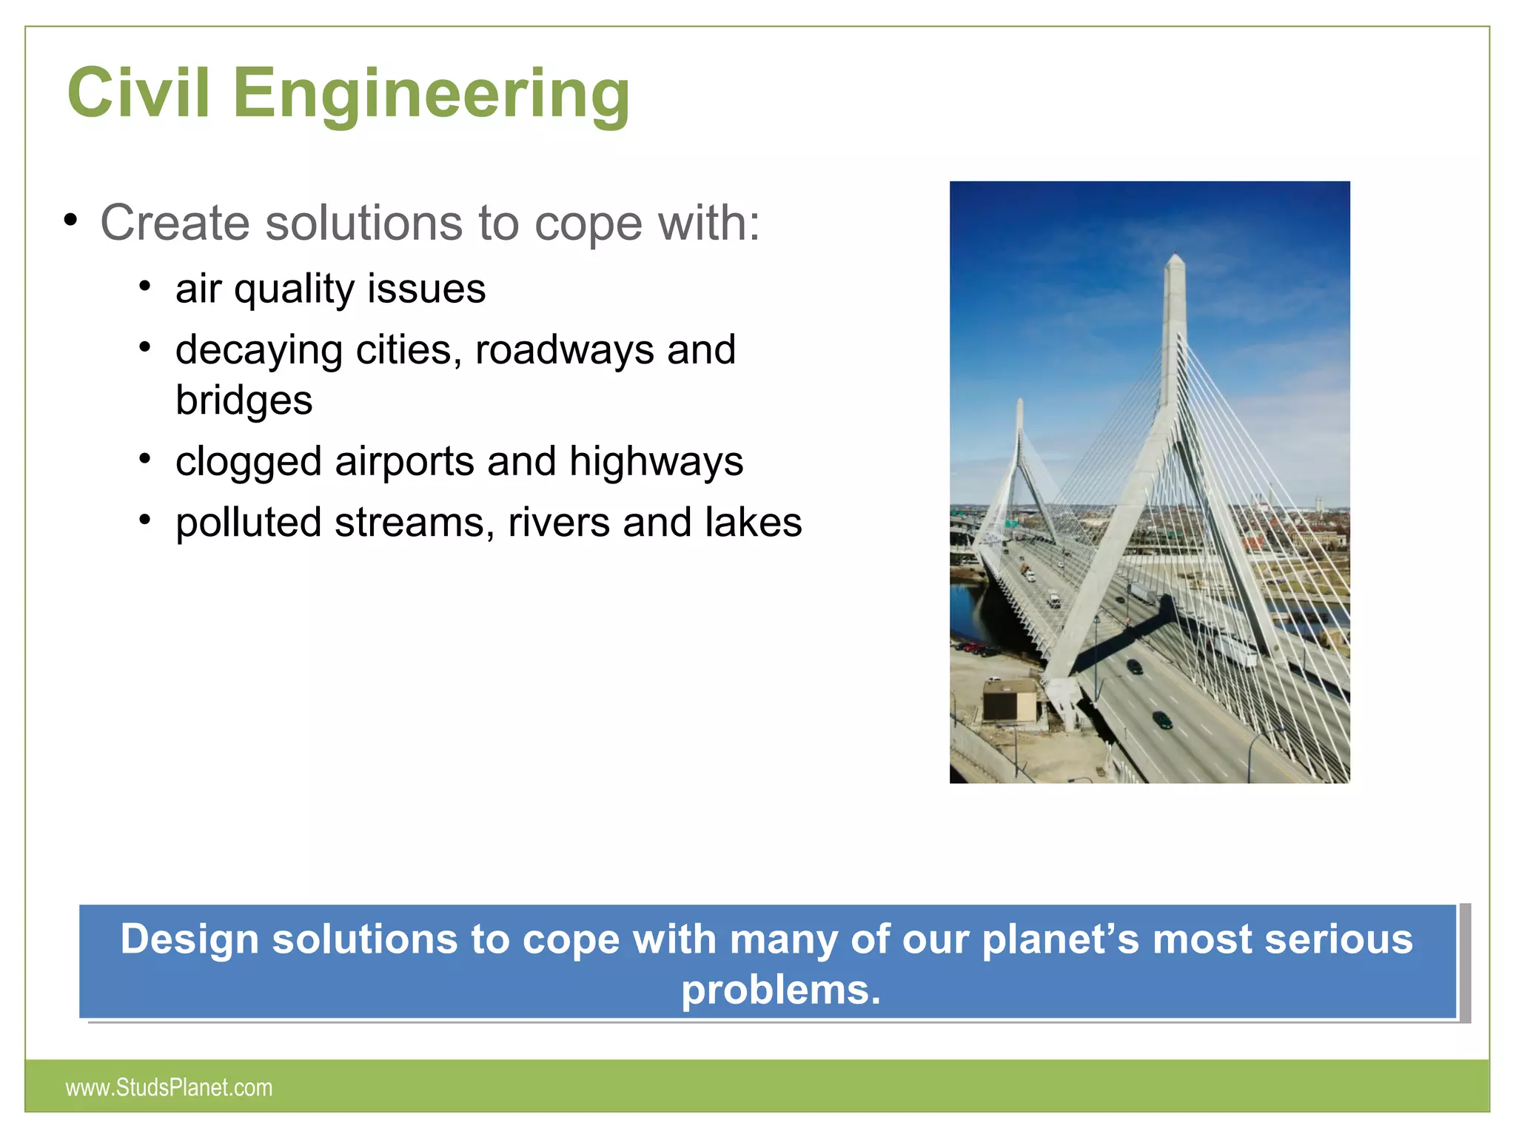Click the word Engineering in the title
[x=432, y=95]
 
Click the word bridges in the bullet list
[x=244, y=400]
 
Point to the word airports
[x=404, y=462]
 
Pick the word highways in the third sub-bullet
[x=656, y=462]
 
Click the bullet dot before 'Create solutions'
[x=70, y=220]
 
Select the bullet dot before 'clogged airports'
[x=145, y=460]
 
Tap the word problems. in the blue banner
[x=781, y=990]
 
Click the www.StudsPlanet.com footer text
[x=169, y=1087]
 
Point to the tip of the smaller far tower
[x=1019, y=402]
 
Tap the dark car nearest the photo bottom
[x=1162, y=719]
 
